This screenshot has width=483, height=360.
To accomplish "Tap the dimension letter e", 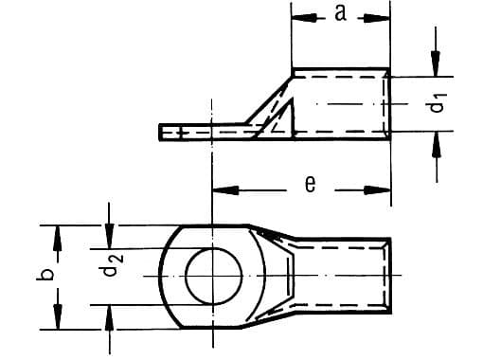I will click(x=309, y=187).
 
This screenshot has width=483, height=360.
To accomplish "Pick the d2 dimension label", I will click(x=112, y=275).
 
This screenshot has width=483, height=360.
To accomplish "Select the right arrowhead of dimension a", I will click(x=384, y=15).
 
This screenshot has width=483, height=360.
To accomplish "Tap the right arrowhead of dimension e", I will click(x=384, y=188).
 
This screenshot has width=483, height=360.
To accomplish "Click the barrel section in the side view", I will click(x=341, y=104).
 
